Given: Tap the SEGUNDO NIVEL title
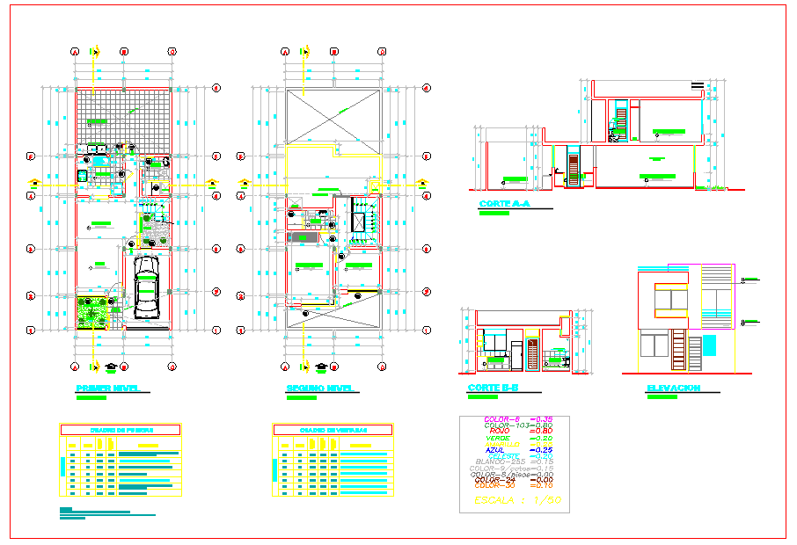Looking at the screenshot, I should pyautogui.click(x=319, y=389).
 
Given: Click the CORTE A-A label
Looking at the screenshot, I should pyautogui.click(x=504, y=205).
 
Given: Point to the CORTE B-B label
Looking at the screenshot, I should pyautogui.click(x=493, y=389).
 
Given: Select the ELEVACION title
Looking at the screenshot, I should pyautogui.click(x=673, y=389).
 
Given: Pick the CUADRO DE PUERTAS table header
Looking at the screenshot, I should pyautogui.click(x=120, y=430).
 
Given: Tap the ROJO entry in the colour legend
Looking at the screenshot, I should pyautogui.click(x=498, y=431).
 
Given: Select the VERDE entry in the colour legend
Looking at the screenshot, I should pyautogui.click(x=498, y=438).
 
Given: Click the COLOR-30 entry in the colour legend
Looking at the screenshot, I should pyautogui.click(x=498, y=485).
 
